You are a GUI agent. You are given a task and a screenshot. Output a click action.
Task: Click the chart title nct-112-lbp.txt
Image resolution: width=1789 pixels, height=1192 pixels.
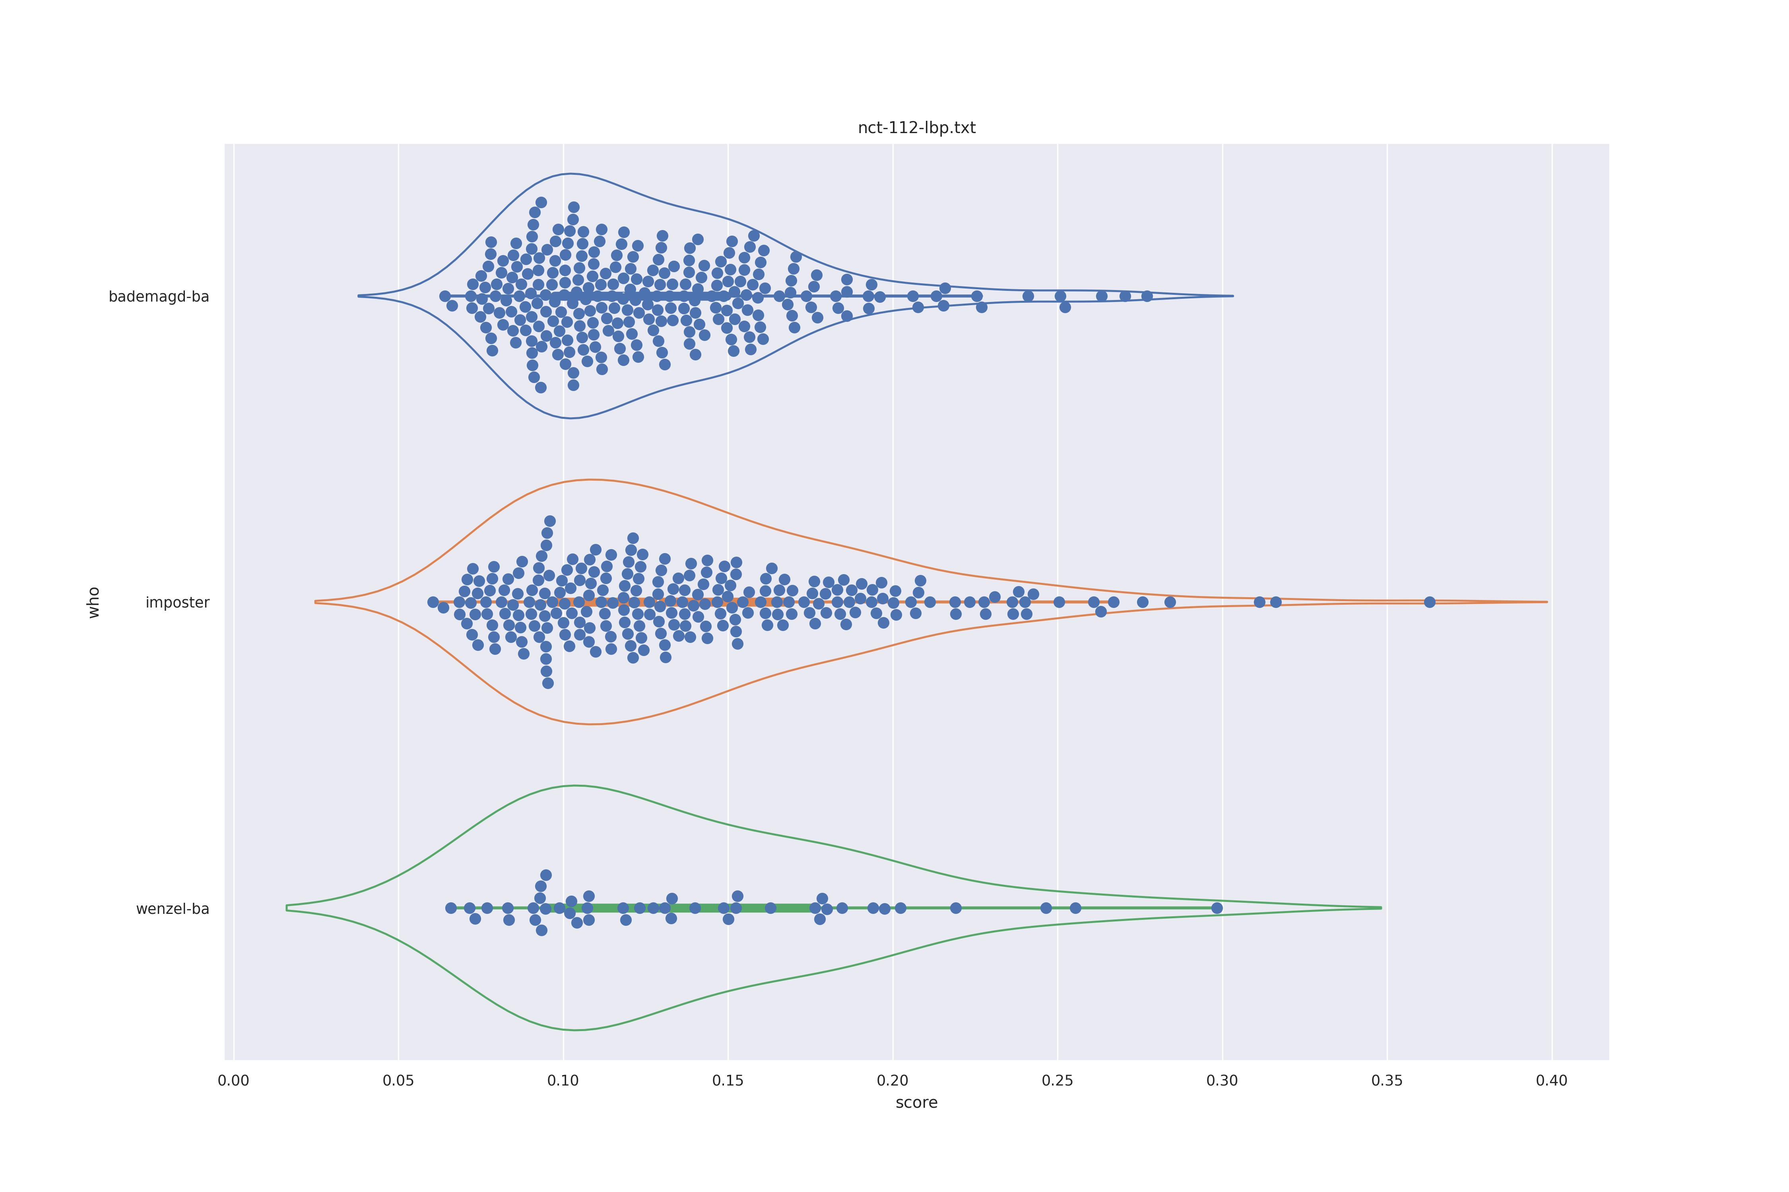(916, 128)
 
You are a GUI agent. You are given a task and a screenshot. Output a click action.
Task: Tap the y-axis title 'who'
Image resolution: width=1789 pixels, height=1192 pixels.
(93, 602)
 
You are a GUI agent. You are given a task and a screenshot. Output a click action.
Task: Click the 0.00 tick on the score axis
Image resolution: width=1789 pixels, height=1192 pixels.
(233, 1080)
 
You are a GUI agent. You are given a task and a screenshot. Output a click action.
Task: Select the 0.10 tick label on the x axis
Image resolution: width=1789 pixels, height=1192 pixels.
(563, 1080)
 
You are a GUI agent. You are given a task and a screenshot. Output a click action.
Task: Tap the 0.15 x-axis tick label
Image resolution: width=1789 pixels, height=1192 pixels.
(728, 1080)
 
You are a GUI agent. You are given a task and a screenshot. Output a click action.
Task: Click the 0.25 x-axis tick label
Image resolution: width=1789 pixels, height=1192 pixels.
(1057, 1080)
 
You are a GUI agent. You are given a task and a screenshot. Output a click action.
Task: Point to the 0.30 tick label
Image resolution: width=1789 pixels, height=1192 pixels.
(1222, 1080)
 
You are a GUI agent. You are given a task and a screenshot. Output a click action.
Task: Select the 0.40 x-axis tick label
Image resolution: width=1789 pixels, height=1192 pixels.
(1552, 1080)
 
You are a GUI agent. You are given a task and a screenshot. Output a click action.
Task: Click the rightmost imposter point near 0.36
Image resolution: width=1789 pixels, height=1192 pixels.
(1429, 602)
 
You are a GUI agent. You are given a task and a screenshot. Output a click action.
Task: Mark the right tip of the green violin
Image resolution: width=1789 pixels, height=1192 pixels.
(1381, 908)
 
